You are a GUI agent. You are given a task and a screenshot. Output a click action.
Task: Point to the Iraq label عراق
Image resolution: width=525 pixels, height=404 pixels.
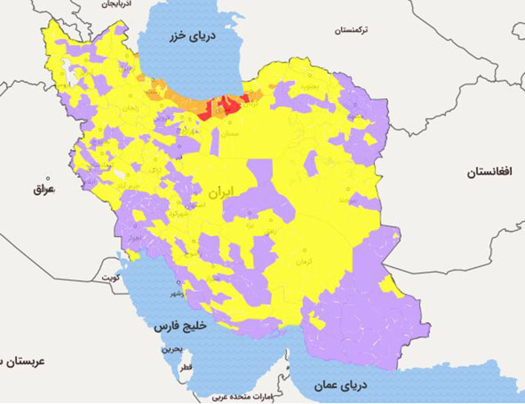tap(43, 189)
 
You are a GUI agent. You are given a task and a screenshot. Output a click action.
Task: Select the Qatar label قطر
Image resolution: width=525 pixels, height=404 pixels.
tap(186, 368)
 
